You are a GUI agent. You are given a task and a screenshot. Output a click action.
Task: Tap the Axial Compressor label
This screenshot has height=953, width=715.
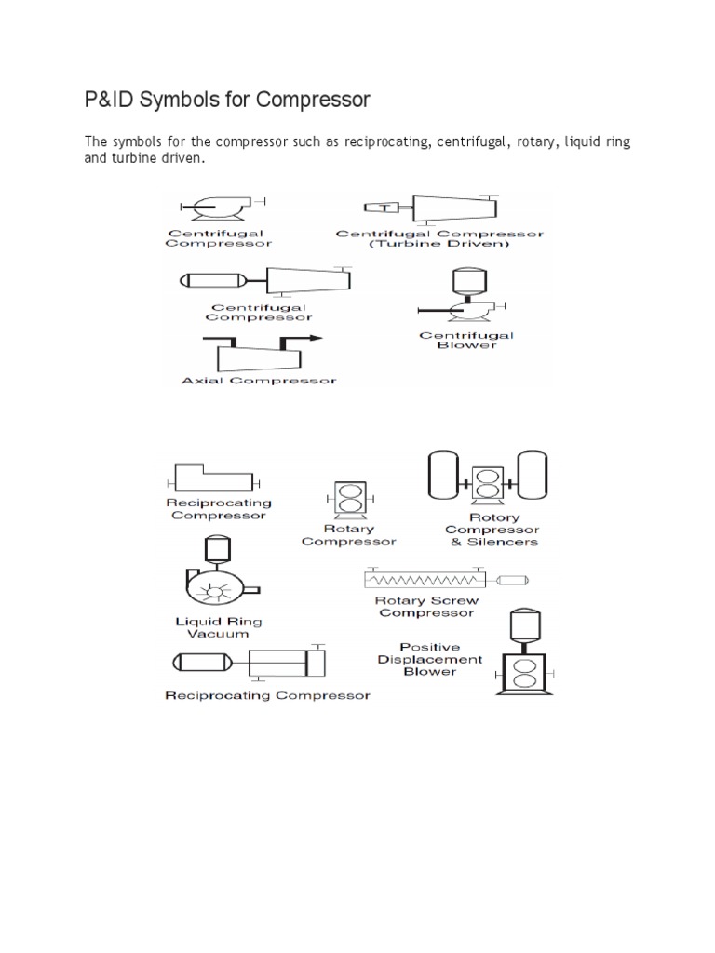(x=259, y=380)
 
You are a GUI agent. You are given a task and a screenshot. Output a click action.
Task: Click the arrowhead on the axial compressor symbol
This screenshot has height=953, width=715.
(x=316, y=338)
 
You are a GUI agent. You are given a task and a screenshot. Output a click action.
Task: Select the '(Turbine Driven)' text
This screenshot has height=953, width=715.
(x=438, y=244)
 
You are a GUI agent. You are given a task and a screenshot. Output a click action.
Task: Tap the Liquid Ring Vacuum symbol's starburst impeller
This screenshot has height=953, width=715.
(x=218, y=588)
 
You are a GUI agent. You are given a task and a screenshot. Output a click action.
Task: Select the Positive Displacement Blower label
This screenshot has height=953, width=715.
(x=430, y=659)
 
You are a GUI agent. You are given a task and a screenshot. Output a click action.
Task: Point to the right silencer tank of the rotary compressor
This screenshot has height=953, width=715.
(x=531, y=474)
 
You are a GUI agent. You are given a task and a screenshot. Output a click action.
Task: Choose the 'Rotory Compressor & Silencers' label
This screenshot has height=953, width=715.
(x=494, y=530)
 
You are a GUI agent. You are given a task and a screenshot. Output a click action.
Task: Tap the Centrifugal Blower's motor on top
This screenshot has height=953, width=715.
(x=462, y=280)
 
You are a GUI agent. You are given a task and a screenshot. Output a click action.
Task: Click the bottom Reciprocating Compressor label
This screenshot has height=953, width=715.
(x=266, y=695)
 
